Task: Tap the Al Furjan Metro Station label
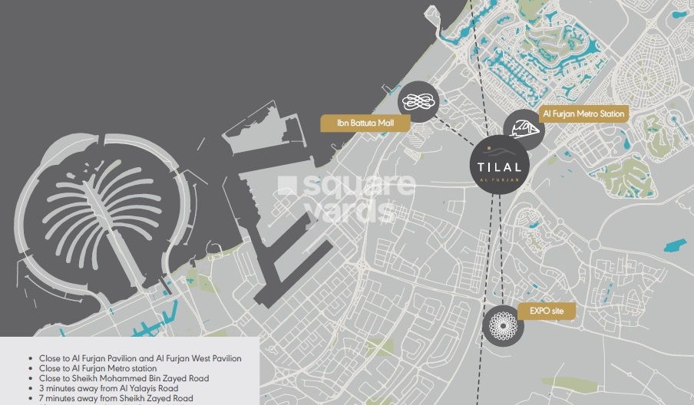click(x=585, y=114)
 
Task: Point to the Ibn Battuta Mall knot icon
click(x=418, y=101)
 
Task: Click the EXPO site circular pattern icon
click(x=503, y=325)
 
